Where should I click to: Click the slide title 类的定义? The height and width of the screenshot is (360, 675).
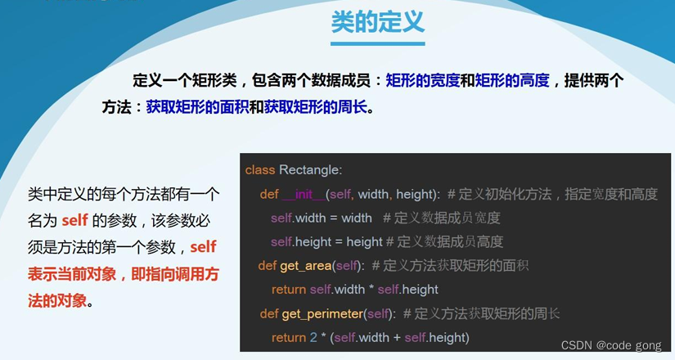378,21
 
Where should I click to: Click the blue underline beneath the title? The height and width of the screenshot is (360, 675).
378,43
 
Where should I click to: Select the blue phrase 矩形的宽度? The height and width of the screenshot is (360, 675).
421,80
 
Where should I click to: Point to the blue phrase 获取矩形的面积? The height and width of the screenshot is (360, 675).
197,106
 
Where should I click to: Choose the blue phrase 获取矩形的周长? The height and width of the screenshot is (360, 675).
315,106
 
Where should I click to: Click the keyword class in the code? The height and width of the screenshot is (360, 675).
260,169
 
